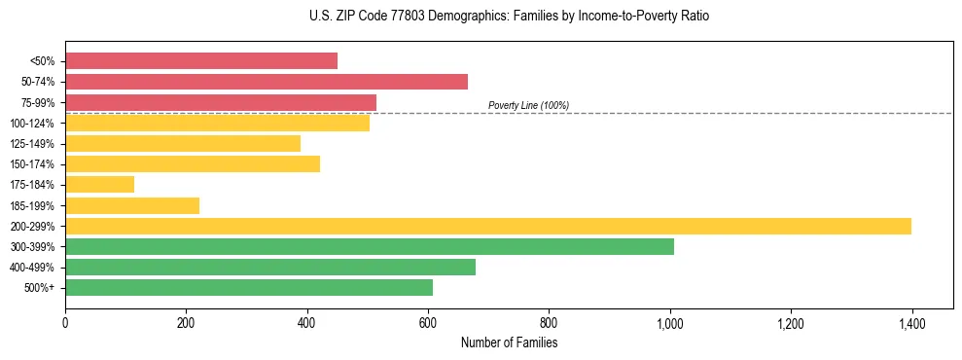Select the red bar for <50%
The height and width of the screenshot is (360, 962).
201,60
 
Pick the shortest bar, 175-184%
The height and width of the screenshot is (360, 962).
99,184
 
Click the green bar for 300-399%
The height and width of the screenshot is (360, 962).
370,246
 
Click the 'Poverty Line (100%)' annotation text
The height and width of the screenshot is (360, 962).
528,105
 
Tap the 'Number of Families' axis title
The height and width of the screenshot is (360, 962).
509,342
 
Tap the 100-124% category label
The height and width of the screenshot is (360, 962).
34,123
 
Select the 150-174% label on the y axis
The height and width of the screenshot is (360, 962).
34,163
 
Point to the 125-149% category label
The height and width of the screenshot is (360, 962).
34,143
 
